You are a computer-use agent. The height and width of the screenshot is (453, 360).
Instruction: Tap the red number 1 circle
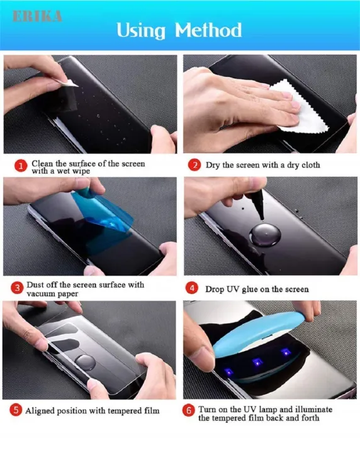point(21,166)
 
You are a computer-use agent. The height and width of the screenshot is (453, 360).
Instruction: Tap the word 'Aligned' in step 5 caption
point(42,411)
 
